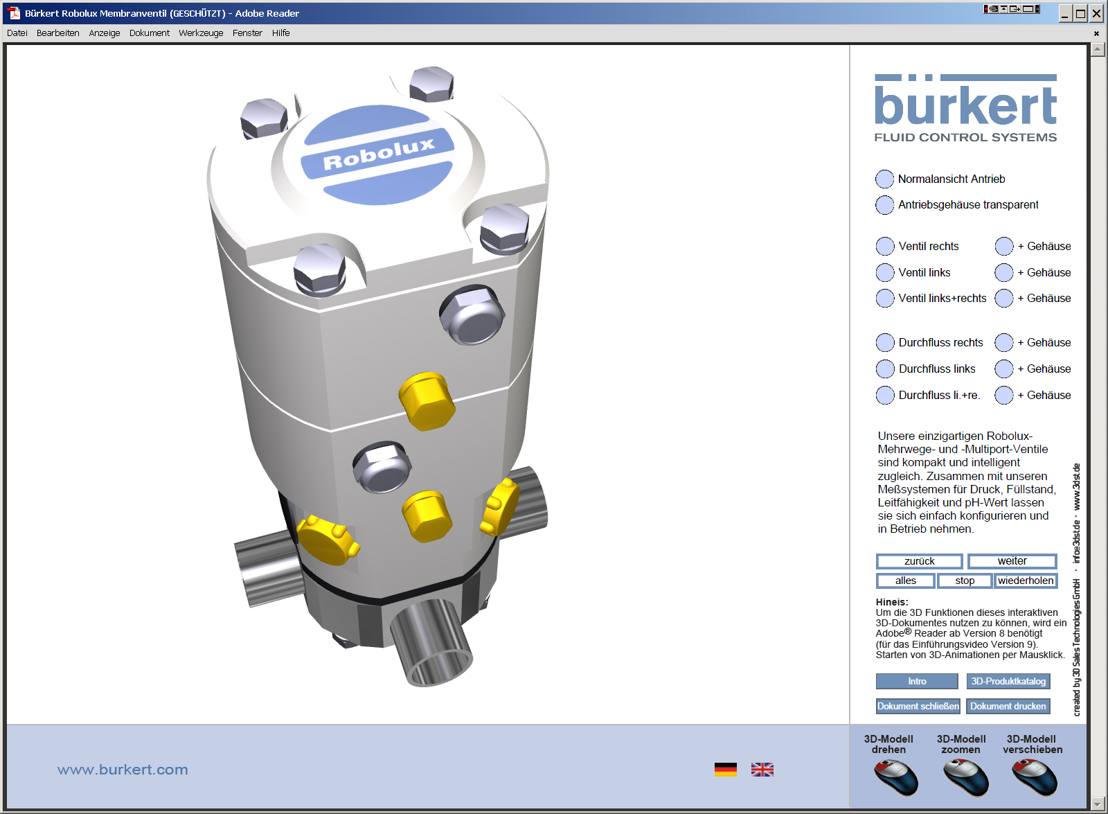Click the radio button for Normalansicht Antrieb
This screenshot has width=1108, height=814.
[884, 179]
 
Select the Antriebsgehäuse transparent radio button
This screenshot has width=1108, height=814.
[884, 205]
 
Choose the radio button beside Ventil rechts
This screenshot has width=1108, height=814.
[885, 247]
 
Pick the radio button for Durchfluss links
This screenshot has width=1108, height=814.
[885, 369]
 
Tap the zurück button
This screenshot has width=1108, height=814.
[919, 561]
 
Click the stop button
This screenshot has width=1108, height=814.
[964, 581]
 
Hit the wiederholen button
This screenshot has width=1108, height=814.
[1025, 581]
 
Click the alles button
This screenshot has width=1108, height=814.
[905, 581]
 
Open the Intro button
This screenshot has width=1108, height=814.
[917, 682]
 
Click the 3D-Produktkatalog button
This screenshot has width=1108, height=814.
[1008, 682]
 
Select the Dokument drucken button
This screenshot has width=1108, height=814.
[1008, 707]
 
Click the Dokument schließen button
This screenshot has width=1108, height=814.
[918, 707]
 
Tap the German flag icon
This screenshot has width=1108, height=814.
[725, 770]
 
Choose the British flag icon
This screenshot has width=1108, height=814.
[762, 770]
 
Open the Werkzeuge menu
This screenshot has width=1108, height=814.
[201, 33]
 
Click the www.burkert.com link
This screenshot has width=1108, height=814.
[123, 770]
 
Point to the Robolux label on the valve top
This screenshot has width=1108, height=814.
[378, 154]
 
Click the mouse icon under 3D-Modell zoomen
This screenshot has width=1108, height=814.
[965, 777]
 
